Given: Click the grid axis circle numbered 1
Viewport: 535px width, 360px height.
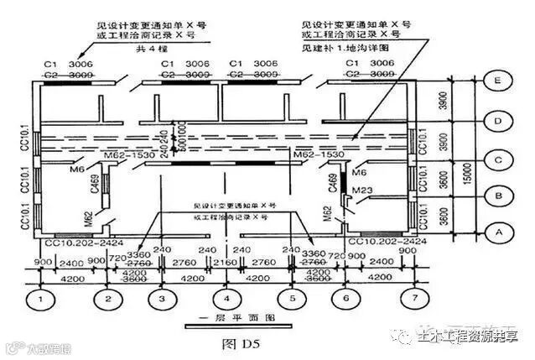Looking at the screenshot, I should [40, 299].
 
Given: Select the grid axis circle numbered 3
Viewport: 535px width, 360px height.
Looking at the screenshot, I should [162, 299].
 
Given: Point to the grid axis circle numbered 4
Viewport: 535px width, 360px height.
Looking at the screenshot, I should [226, 299].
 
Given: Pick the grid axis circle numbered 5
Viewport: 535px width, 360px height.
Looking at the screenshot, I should [291, 299].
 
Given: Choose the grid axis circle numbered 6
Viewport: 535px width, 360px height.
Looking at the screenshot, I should [345, 299].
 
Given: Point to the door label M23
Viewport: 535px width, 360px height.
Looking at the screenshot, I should [362, 190].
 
